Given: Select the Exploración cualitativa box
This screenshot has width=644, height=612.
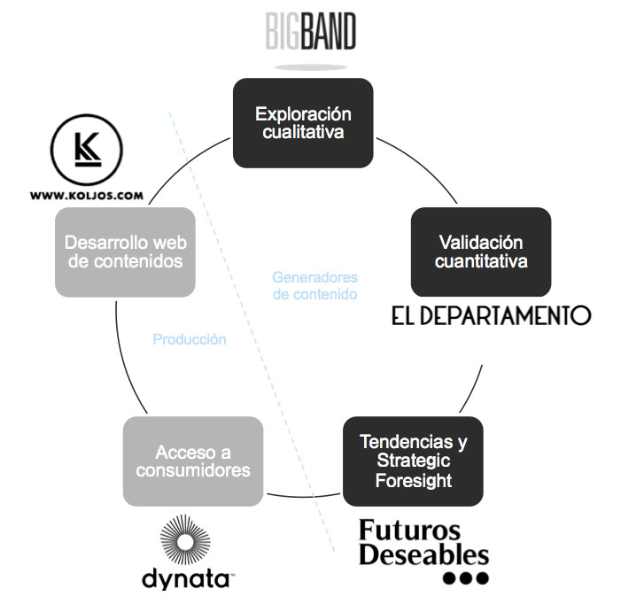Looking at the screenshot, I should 303,123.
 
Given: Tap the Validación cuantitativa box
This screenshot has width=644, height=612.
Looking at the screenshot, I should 481,252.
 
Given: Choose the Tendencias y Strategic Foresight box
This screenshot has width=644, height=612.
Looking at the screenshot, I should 413,461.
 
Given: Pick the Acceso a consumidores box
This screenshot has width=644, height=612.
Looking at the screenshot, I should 193,461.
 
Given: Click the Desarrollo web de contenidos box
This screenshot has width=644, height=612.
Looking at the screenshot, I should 125,252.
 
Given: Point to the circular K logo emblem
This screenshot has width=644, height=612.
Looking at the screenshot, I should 87,150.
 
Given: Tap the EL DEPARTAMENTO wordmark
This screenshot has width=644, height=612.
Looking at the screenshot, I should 491,315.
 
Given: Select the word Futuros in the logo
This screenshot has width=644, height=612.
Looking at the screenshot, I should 409,531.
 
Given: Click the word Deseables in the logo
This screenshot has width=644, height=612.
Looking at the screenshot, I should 423,555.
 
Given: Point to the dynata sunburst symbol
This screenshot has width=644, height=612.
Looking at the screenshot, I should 188,542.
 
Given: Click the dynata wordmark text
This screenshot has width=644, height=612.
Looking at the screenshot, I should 186,579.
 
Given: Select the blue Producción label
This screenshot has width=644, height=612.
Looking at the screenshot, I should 190,339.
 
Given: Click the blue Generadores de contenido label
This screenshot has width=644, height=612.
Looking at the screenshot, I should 314,285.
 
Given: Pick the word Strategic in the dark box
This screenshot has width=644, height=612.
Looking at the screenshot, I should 414,461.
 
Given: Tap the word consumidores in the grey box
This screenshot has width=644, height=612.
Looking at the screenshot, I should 193,470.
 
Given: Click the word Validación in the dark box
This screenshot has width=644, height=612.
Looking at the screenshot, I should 481,242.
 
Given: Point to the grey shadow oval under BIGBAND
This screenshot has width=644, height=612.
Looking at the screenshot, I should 311,66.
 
